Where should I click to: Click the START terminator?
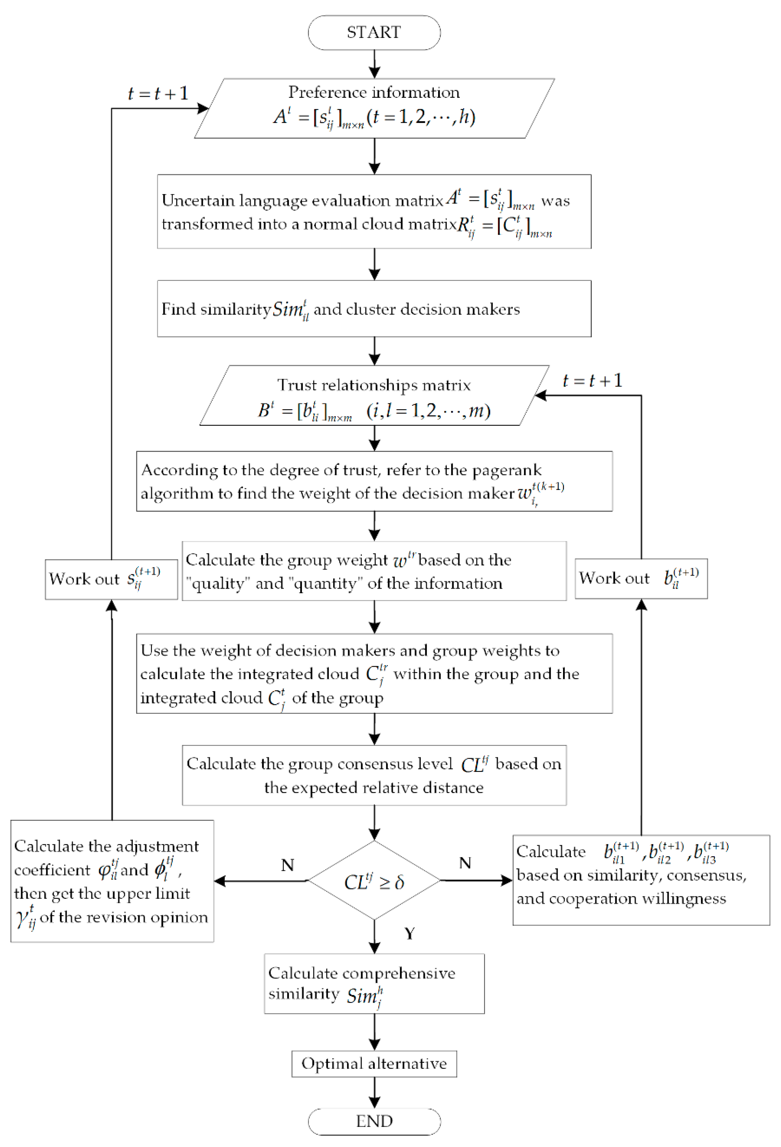click(374, 33)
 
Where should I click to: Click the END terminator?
click(374, 1121)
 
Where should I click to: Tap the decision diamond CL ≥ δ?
click(374, 881)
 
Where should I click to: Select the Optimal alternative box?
click(374, 1064)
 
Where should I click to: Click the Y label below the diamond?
click(409, 933)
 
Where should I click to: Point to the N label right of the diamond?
click(465, 863)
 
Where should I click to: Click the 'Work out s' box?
click(111, 579)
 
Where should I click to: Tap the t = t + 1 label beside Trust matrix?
click(592, 381)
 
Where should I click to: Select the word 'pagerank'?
click(507, 470)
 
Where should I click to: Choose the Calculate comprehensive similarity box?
click(374, 984)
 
